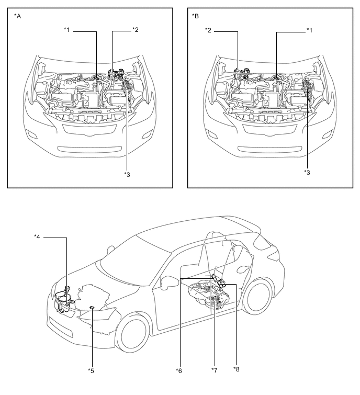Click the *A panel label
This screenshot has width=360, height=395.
click(x=18, y=16)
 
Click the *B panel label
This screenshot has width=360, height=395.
click(x=195, y=16)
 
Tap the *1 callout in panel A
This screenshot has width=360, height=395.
click(x=67, y=30)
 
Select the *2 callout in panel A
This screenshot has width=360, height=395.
click(x=136, y=30)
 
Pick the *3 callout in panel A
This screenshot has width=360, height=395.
click(x=127, y=174)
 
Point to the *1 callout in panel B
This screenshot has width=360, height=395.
click(x=309, y=30)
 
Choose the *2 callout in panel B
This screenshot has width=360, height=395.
click(x=208, y=30)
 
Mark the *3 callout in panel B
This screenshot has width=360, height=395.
click(x=307, y=172)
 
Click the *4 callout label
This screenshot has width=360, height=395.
click(x=37, y=237)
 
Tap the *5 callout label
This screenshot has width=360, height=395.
click(x=91, y=370)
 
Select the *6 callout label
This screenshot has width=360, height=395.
click(x=179, y=370)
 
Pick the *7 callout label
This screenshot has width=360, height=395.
click(x=215, y=370)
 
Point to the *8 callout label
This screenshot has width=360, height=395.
click(x=237, y=369)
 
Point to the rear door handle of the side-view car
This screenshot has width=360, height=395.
click(x=242, y=269)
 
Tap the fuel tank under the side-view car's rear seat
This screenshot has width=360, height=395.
click(x=210, y=294)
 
